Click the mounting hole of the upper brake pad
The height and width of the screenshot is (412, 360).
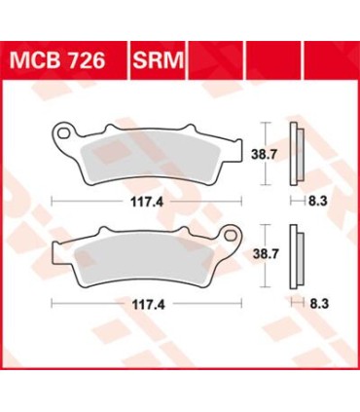63,130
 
